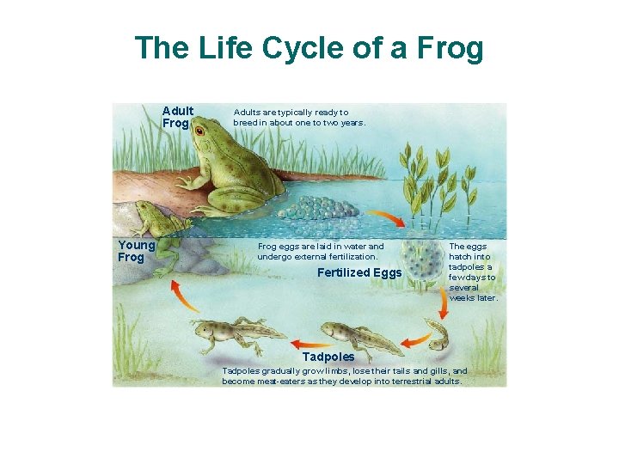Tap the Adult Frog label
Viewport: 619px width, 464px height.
pyautogui.click(x=178, y=117)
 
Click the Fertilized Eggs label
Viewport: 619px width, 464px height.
pyautogui.click(x=359, y=273)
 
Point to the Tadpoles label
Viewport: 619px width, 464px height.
pyautogui.click(x=328, y=357)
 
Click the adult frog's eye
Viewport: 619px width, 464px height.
pyautogui.click(x=199, y=131)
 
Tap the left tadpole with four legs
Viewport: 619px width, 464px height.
pyautogui.click(x=232, y=335)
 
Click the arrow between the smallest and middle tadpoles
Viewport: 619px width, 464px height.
pyautogui.click(x=413, y=342)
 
